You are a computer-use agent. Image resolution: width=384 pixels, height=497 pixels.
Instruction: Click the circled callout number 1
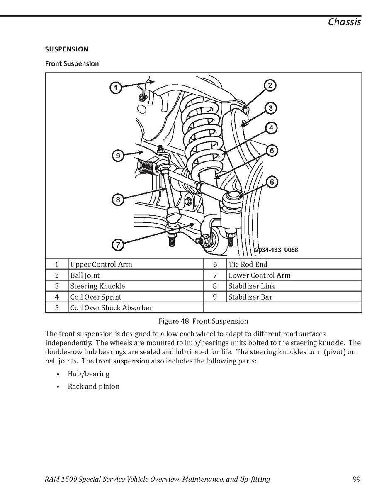point(116,88)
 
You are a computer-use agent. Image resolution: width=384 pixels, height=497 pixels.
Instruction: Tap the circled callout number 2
point(270,86)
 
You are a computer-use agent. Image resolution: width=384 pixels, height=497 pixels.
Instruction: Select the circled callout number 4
point(271,128)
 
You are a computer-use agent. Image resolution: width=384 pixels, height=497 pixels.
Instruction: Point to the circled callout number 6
point(272,182)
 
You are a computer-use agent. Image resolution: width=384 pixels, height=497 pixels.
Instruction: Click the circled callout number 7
point(118,245)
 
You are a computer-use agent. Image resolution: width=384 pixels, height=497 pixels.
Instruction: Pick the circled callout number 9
point(118,156)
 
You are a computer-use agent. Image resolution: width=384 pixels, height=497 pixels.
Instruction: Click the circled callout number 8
point(118,200)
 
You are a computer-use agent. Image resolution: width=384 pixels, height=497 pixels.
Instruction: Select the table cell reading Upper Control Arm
point(101,264)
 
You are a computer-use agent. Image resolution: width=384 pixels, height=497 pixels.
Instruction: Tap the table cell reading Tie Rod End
point(248,264)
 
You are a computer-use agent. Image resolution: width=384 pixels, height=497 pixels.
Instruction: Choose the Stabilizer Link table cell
point(251,286)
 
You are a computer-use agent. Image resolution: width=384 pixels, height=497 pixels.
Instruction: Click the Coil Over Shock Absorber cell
point(111,308)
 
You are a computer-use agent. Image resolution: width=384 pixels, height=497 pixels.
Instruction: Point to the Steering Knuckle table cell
point(97,286)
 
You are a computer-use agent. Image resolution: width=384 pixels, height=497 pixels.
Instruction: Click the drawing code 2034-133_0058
point(276,250)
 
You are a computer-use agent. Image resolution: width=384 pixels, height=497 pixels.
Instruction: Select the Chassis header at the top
point(344,22)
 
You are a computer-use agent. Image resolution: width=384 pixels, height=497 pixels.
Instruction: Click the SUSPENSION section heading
point(67,49)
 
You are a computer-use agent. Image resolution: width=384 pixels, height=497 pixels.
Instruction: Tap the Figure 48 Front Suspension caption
point(203,321)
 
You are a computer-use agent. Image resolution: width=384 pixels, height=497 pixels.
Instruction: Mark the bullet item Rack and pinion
point(93,387)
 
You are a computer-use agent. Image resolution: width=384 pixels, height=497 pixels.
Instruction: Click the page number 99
point(356,479)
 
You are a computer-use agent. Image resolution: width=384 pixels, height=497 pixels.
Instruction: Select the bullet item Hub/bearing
point(88,374)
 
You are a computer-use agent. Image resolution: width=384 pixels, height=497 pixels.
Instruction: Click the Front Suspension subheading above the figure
point(72,64)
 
